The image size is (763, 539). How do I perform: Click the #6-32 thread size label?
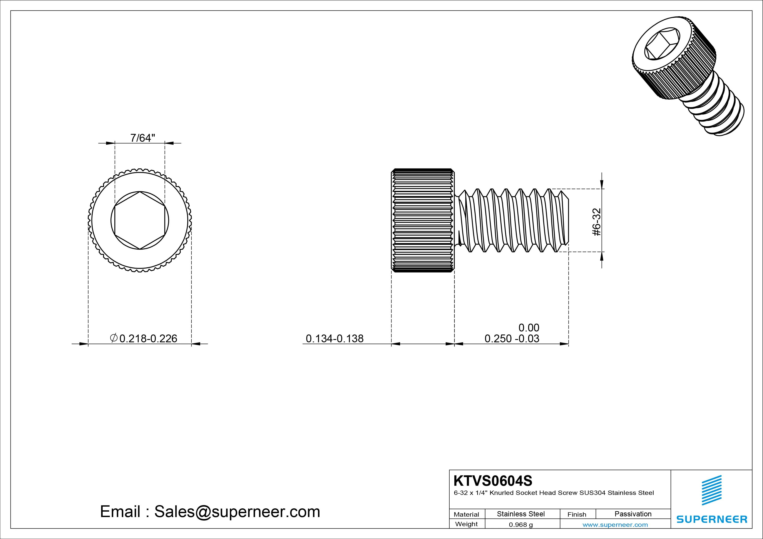pos(597,222)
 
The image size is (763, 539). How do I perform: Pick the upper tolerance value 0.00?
pos(529,328)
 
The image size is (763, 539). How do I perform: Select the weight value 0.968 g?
pos(521,525)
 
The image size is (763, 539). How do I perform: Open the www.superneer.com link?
pos(615,525)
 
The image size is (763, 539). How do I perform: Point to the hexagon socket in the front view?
pos(140,220)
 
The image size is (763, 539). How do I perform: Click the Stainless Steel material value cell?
pos(521,514)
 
